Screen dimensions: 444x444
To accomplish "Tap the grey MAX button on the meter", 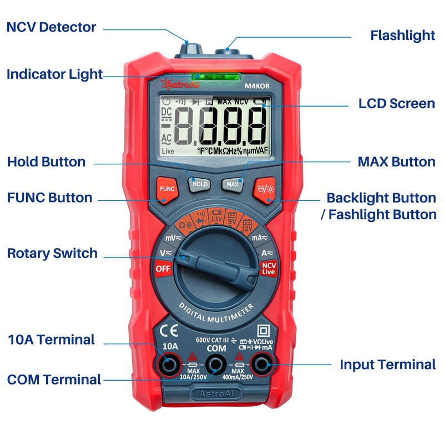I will [232, 184].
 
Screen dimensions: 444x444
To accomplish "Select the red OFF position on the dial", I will [163, 269].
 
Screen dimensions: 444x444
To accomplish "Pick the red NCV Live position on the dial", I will [269, 269].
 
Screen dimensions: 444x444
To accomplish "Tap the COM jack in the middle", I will [215, 365].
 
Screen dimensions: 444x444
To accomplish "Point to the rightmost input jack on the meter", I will [261, 365].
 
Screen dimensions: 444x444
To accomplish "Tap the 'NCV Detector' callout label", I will [51, 27].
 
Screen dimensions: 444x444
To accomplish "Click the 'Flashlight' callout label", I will [402, 36].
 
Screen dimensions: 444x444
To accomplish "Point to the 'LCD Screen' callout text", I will [396, 103].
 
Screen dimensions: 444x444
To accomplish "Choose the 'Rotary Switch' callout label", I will [52, 254].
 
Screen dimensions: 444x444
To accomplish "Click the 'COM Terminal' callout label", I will [54, 380].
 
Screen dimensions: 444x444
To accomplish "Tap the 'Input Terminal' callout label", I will [387, 365].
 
